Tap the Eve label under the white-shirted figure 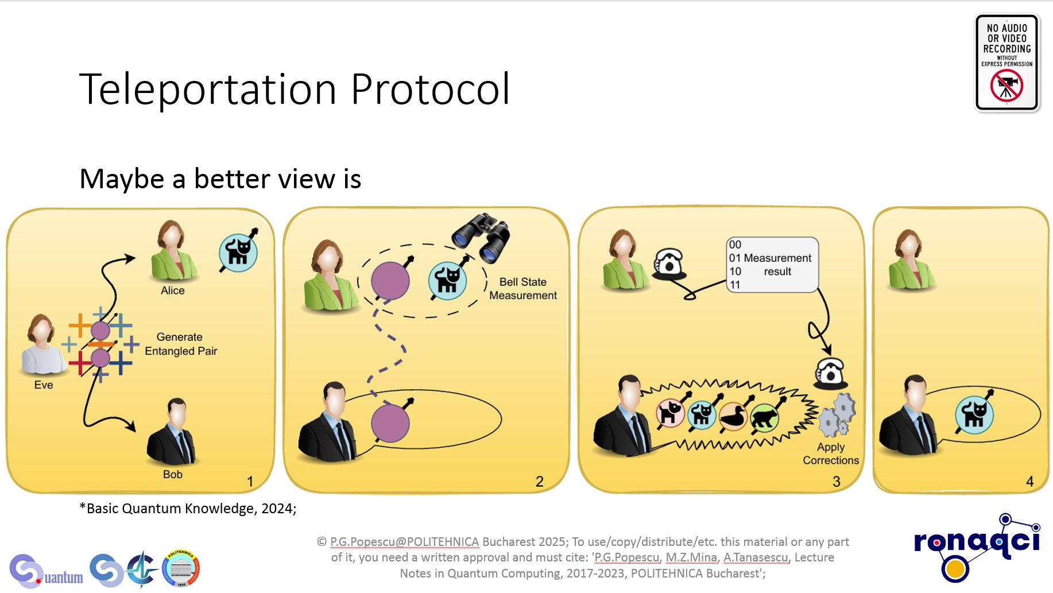click(x=44, y=385)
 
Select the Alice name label click(x=173, y=290)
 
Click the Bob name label click(x=173, y=474)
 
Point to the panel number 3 click(x=837, y=482)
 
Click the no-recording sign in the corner click(x=1007, y=63)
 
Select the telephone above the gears click(x=830, y=374)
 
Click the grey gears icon click(x=837, y=414)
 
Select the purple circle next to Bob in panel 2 click(x=390, y=424)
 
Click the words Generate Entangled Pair click(x=181, y=344)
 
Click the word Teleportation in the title click(x=208, y=89)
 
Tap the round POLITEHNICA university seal click(x=181, y=568)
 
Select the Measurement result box click(x=772, y=265)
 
